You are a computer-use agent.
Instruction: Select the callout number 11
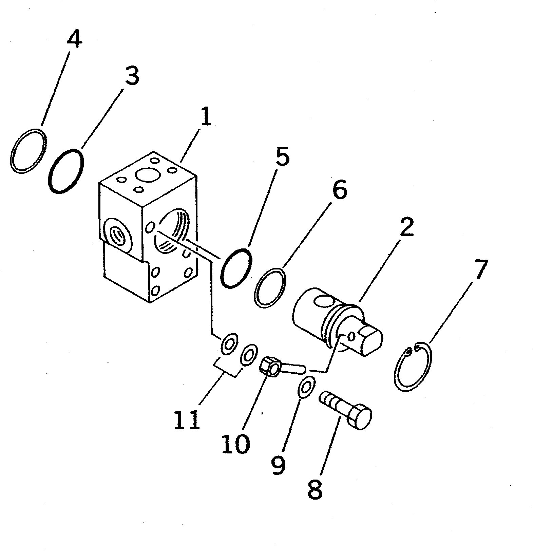click(186, 420)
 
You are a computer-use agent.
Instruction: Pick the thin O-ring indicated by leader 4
click(28, 151)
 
